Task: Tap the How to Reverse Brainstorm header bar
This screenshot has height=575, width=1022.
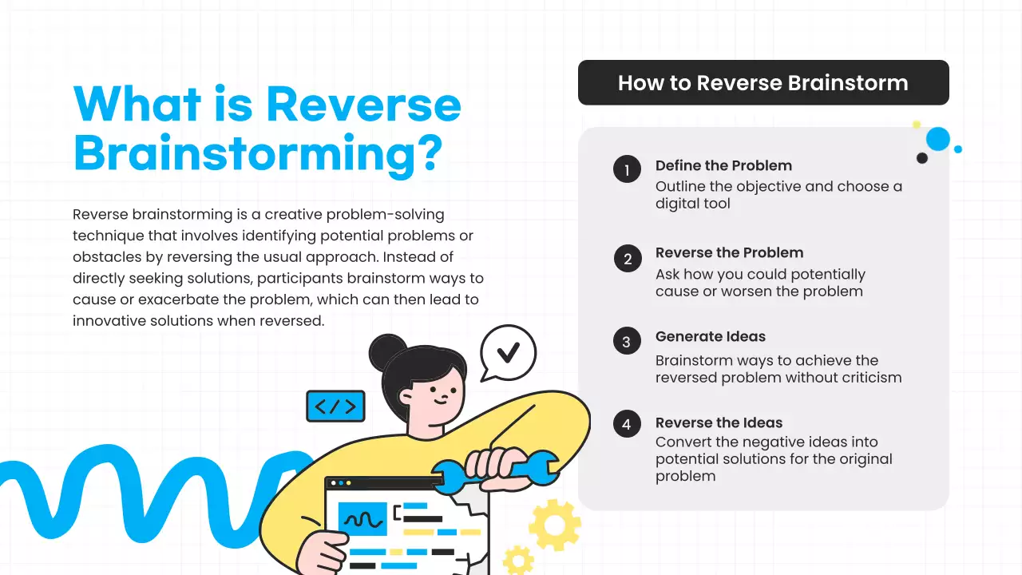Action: click(x=763, y=82)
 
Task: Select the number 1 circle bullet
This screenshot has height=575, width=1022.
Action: click(x=627, y=169)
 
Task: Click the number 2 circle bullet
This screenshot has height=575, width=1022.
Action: click(x=628, y=259)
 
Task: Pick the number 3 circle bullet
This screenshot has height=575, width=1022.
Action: click(x=627, y=342)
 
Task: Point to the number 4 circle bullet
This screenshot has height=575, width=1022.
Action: click(x=627, y=424)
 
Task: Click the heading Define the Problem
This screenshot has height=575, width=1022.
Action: click(x=723, y=166)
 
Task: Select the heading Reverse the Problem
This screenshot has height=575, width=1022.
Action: click(x=729, y=252)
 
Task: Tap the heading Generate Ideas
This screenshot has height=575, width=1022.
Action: click(x=710, y=336)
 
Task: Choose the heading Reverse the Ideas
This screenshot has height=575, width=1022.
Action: click(x=719, y=422)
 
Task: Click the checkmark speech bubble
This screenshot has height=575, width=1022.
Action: click(x=508, y=352)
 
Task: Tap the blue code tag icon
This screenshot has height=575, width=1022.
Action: click(x=335, y=406)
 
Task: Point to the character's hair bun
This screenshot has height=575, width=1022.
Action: click(x=387, y=351)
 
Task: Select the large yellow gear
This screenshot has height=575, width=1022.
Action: click(x=554, y=525)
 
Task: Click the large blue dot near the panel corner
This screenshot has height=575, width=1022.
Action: click(x=938, y=139)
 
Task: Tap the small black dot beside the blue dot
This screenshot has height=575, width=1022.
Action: click(x=922, y=158)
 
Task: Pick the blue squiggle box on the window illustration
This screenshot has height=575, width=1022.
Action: click(x=362, y=518)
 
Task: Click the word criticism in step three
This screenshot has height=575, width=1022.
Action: click(x=867, y=377)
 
